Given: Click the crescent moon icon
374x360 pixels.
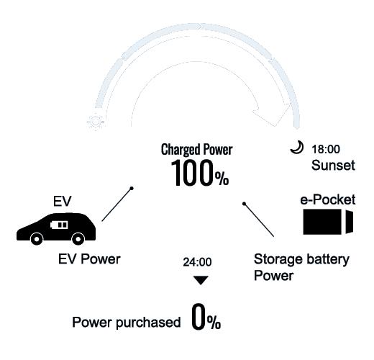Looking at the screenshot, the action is click(x=298, y=148).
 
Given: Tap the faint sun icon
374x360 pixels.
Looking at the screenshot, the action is click(x=96, y=122).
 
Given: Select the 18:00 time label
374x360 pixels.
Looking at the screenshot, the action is click(x=326, y=149).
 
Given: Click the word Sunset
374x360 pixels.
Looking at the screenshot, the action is click(x=333, y=165).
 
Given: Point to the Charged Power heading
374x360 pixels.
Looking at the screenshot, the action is click(x=196, y=150).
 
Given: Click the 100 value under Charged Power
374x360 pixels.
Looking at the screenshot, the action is click(x=192, y=173).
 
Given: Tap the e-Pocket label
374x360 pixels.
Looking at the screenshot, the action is click(x=328, y=199).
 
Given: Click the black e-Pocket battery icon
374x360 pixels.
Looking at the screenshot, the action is click(x=328, y=222).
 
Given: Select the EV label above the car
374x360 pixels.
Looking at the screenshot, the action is click(x=62, y=201).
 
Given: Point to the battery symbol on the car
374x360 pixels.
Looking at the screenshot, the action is click(x=59, y=225).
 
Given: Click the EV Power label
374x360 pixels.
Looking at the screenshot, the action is click(x=89, y=259).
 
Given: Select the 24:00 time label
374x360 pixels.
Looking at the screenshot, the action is click(x=197, y=262).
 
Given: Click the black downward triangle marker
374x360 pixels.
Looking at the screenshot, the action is click(x=201, y=280).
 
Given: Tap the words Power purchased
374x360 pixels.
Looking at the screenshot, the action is click(x=127, y=323).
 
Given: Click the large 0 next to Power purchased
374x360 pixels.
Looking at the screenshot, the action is click(x=199, y=316).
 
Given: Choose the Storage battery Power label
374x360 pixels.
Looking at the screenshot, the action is click(x=301, y=267).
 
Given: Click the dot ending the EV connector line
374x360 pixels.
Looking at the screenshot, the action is click(x=132, y=189).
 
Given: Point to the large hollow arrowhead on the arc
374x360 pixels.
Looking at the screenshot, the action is click(x=272, y=114).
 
